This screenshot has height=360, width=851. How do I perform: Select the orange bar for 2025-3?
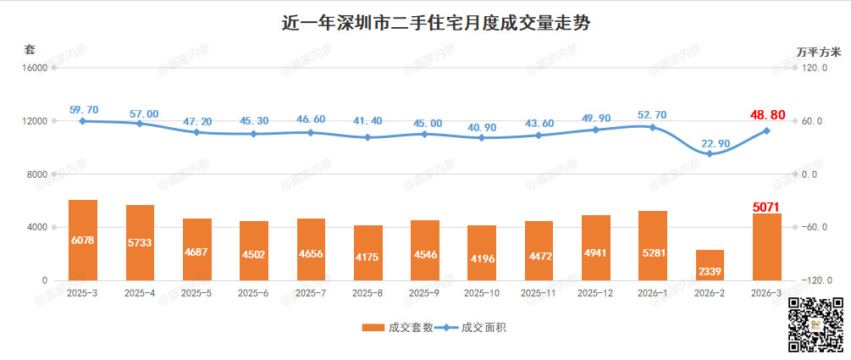coord(83,241)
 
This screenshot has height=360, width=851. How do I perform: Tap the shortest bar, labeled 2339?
coord(710,265)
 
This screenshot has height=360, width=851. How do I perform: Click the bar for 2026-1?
coord(653,246)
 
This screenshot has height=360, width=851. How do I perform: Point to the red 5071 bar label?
coord(766,206)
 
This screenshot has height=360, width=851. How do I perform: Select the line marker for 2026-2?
coord(710,154)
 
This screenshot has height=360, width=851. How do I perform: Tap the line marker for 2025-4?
coord(140,124)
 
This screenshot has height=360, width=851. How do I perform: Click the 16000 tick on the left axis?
coord(34,69)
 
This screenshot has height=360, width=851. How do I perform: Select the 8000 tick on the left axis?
coord(36,174)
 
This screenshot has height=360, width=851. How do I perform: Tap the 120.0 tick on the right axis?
coord(815,69)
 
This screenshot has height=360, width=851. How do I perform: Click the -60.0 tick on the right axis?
coord(815,228)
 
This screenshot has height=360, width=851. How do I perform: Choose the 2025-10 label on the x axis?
coord(482,293)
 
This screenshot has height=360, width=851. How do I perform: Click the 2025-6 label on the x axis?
coord(254,293)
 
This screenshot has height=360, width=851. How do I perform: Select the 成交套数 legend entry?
coord(397,327)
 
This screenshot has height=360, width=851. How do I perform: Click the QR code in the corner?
coord(816,324)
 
